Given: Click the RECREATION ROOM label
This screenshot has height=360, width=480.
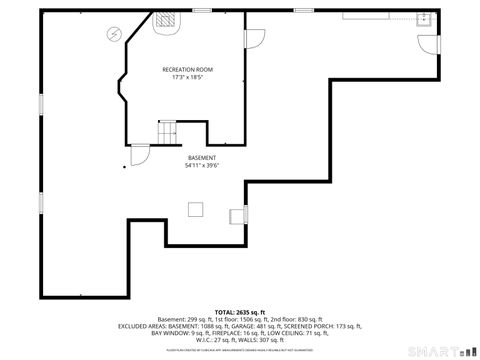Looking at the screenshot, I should tap(188, 69).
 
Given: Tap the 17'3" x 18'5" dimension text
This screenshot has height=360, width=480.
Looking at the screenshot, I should tap(188, 77).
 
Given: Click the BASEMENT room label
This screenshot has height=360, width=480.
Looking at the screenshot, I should tap(201, 159).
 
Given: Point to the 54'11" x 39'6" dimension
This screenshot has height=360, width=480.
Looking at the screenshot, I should tap(201, 167).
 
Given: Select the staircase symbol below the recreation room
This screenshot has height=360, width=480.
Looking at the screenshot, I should tap(166, 131).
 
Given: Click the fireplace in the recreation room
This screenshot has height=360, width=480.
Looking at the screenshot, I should tap(166, 19).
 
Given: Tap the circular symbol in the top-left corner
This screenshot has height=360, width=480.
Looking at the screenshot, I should tap(114, 33).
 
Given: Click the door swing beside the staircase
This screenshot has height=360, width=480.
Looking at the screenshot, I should tap(140, 153).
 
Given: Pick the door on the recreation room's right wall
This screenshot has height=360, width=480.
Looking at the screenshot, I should tap(254, 37).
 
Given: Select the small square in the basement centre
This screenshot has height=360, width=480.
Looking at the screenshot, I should tap(197, 207).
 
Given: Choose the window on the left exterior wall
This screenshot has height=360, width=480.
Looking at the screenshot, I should tap(40, 104).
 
